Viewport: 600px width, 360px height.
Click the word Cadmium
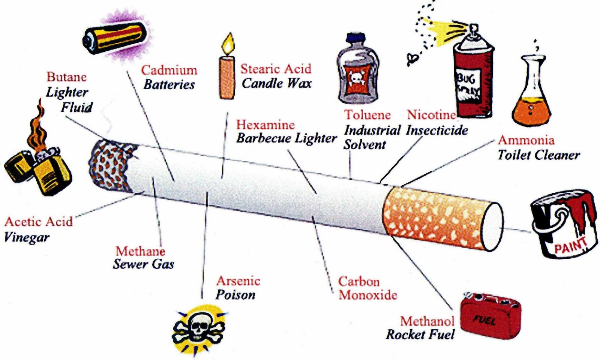[x=169, y=70]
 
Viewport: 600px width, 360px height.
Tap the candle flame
[x=228, y=45]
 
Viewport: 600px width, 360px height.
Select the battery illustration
[x=114, y=36]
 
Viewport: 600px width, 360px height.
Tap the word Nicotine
[x=431, y=115]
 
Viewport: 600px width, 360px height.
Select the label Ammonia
[x=526, y=140]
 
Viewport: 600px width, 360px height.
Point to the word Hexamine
[x=265, y=125]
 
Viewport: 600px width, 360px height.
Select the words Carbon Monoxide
[x=367, y=288]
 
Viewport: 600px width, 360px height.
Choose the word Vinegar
[x=26, y=237]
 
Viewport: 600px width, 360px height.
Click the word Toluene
[x=367, y=115]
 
